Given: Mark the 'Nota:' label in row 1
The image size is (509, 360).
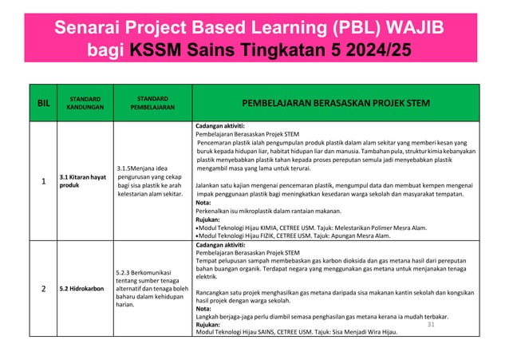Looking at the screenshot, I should pyautogui.click(x=203, y=203).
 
